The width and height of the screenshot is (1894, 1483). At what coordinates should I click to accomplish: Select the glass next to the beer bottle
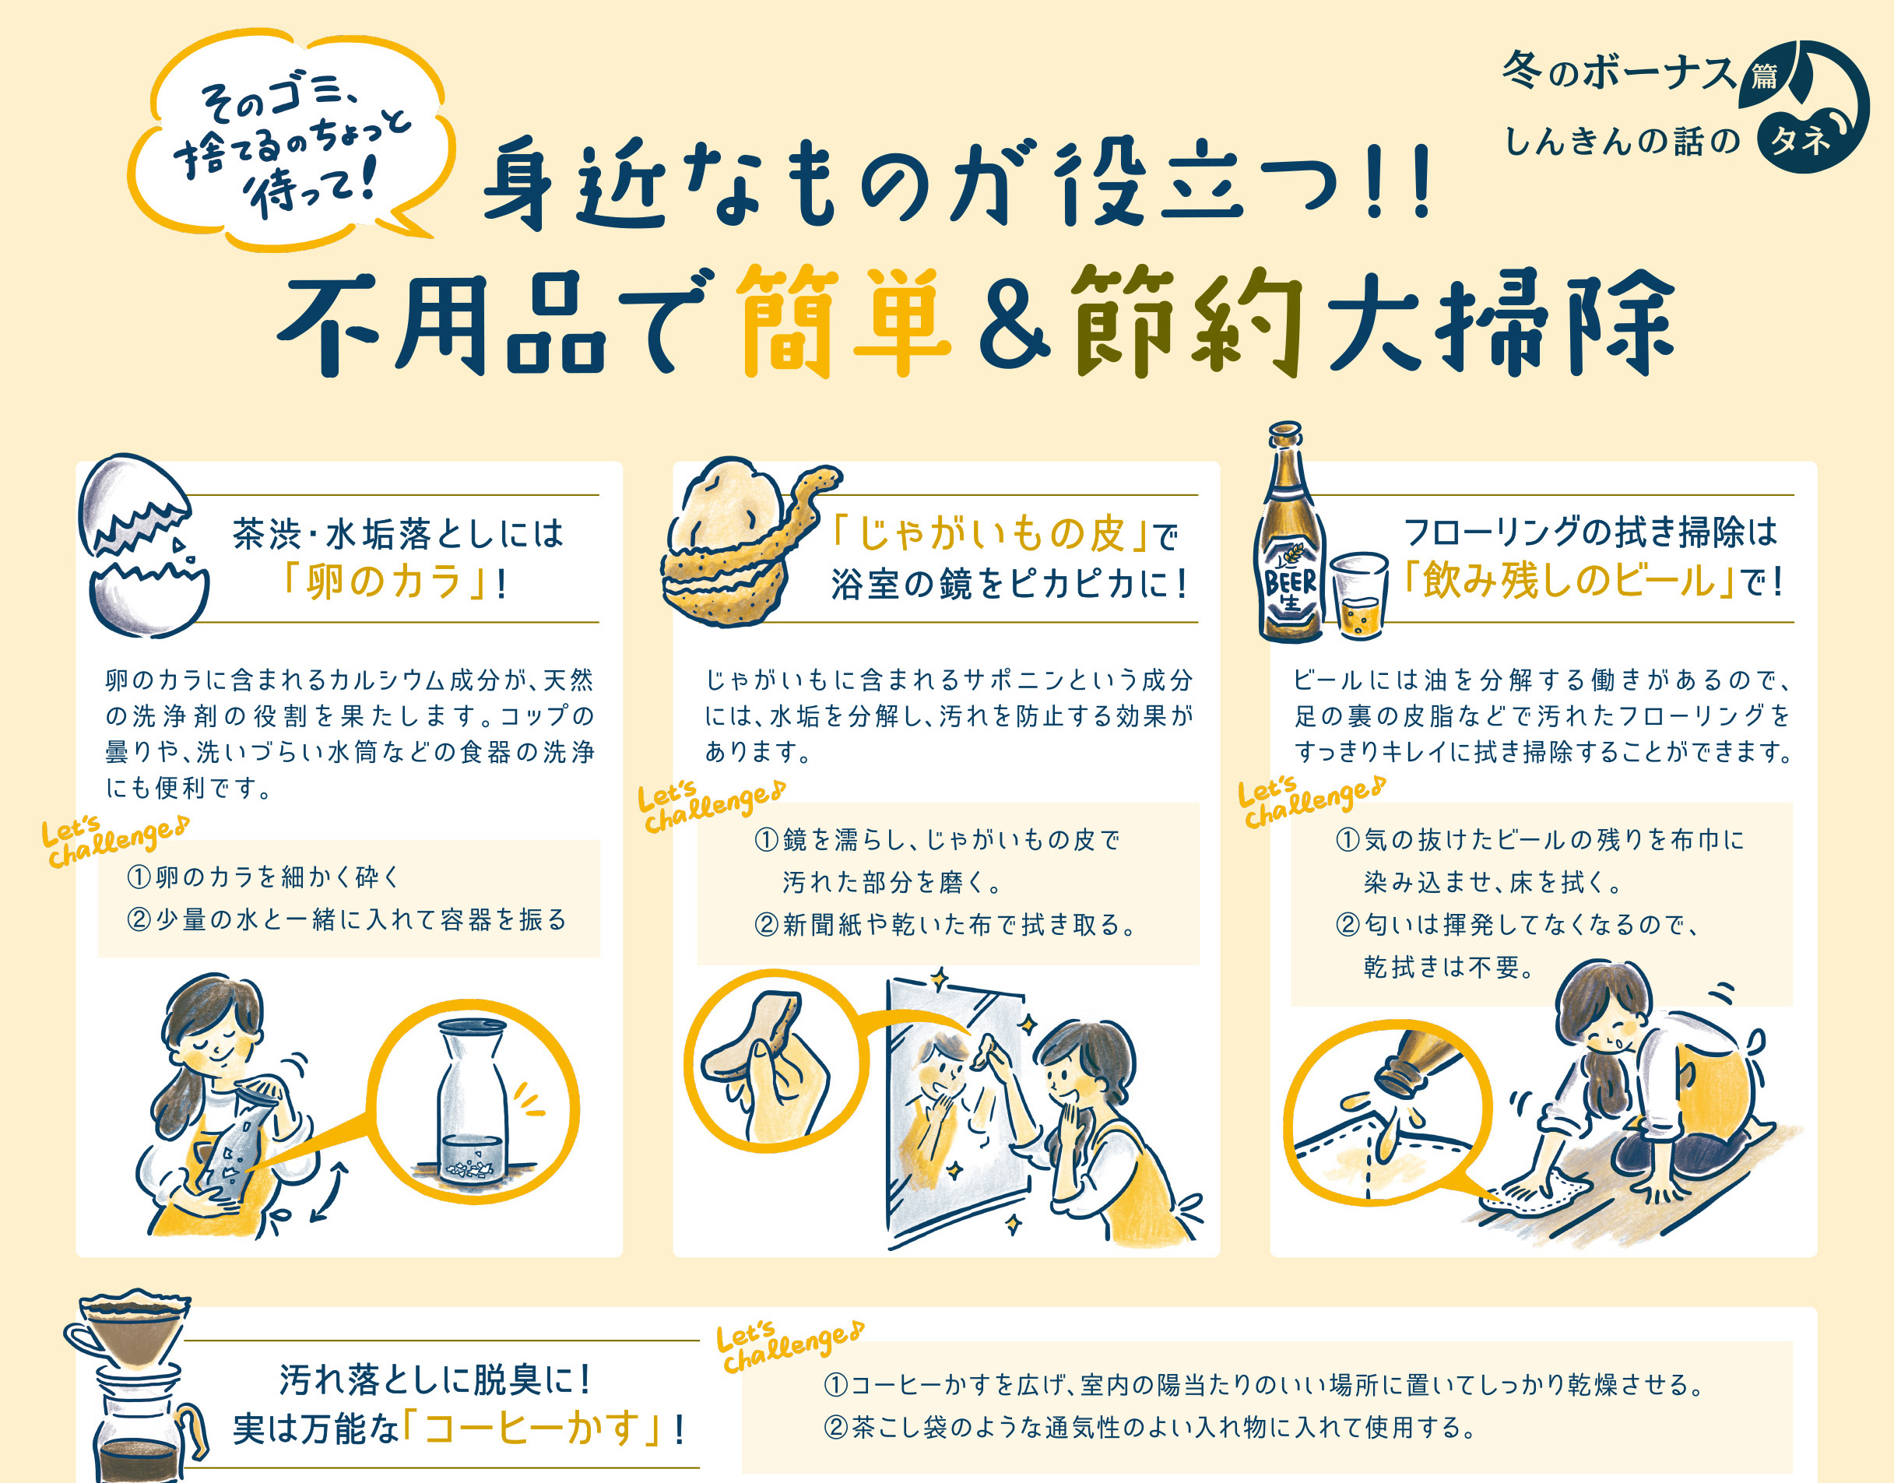pyautogui.click(x=1359, y=595)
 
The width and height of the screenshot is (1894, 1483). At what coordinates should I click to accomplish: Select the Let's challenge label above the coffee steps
pyautogui.click(x=788, y=1346)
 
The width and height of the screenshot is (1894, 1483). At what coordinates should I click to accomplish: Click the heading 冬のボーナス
pyautogui.click(x=1620, y=71)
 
